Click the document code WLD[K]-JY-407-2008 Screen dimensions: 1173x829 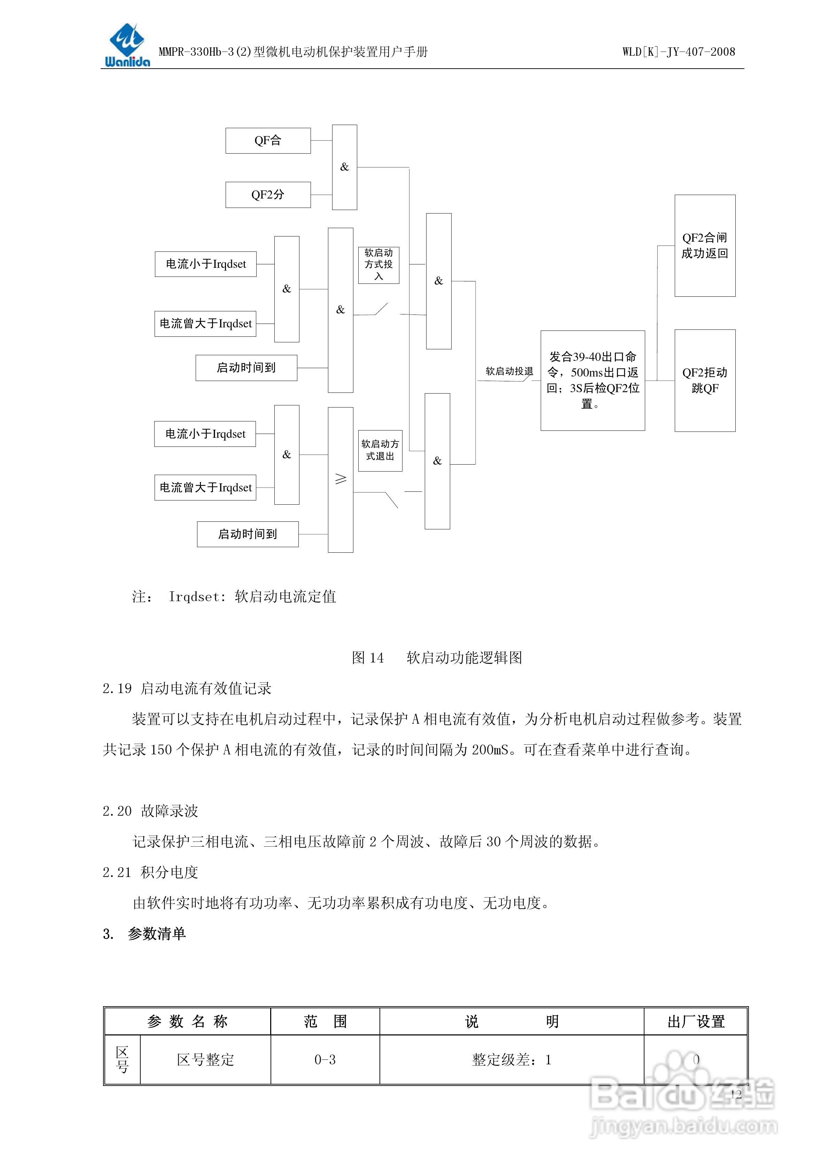678,52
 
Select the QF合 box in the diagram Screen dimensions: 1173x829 268,140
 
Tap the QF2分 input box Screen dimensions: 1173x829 268,195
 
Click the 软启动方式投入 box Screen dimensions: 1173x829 378,265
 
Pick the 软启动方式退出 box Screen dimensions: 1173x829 380,450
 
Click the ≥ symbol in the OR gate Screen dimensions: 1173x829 340,479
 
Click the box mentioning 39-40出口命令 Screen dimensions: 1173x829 593,380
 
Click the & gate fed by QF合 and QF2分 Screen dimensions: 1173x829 344,167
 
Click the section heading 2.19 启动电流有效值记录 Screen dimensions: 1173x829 187,689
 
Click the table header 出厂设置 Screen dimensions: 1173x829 696,1022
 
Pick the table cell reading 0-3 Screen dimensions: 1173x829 325,1060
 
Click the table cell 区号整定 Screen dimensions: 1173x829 205,1060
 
